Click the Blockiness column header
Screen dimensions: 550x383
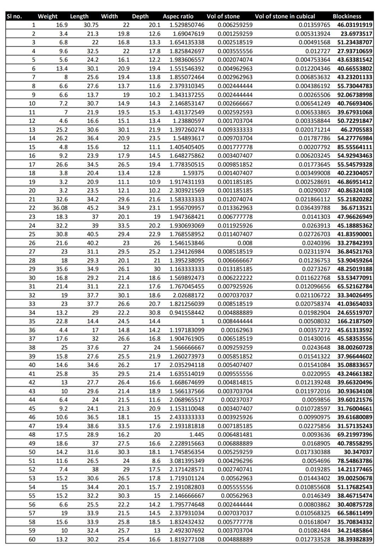346,16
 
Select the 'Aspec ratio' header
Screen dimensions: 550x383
178,16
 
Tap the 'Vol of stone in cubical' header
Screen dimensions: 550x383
285,16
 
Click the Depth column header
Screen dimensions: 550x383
140,16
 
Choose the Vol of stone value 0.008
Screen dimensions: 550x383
244,243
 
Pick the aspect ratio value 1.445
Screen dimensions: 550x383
197,435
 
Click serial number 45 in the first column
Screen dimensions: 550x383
32,409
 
